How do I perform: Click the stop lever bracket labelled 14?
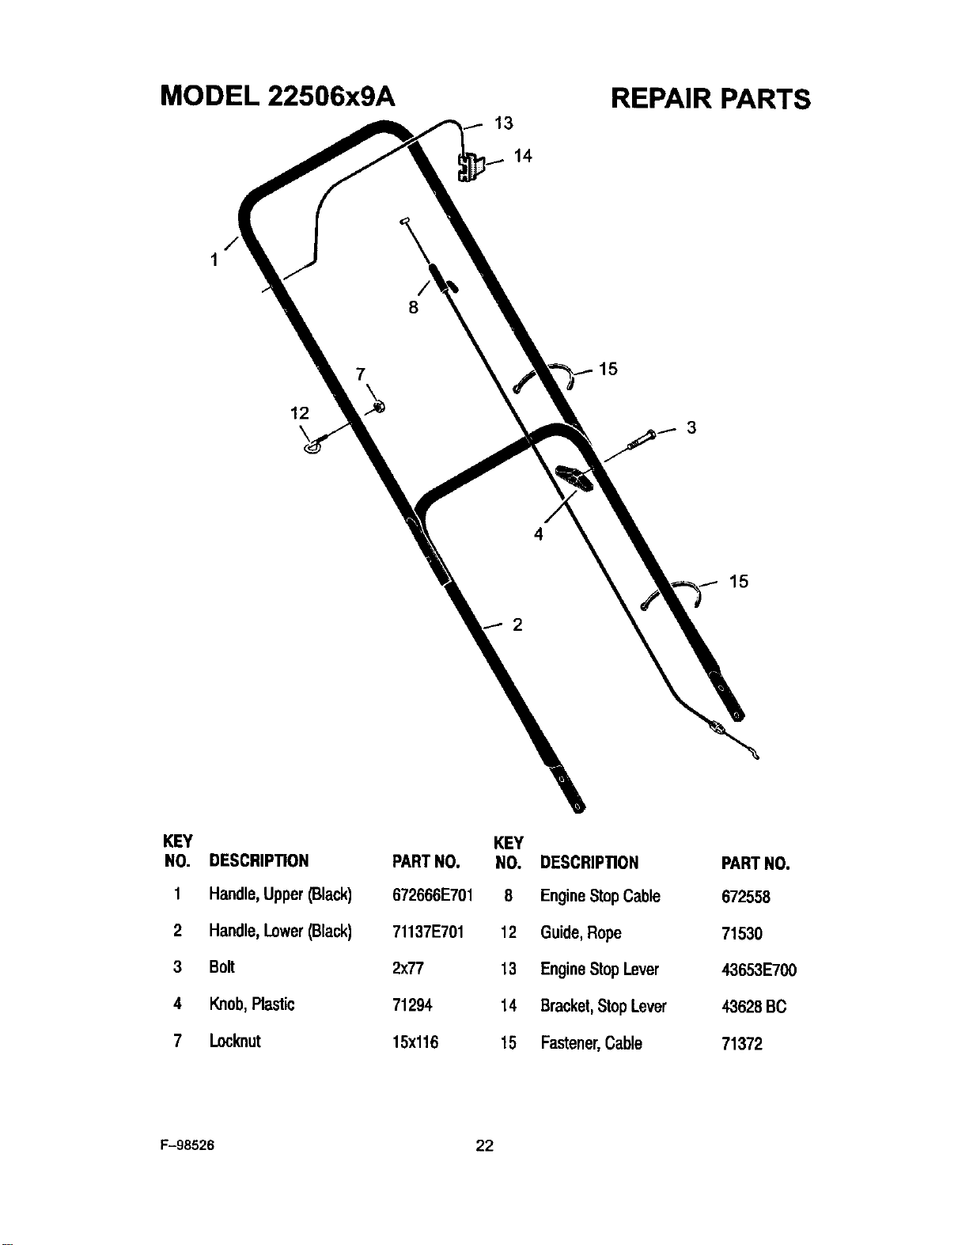point(471,167)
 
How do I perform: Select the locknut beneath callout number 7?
point(379,407)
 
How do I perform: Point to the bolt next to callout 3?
point(642,438)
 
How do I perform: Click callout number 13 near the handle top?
point(504,123)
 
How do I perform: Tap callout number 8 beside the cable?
point(414,308)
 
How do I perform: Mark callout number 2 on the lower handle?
point(517,624)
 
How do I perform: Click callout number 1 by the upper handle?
point(214,260)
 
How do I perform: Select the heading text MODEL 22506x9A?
point(278,96)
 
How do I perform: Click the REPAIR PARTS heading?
point(710,99)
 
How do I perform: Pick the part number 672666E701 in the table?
point(433,895)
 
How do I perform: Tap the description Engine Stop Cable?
point(600,896)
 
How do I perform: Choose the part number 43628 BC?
point(754,1007)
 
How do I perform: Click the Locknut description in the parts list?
point(235,1041)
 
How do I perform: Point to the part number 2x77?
point(407,968)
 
